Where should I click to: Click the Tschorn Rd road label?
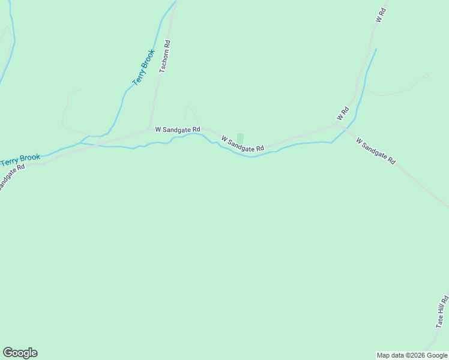(166, 61)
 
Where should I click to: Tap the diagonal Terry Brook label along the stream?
(144, 67)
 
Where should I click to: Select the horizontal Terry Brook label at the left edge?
(20, 160)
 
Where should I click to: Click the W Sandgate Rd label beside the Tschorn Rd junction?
(177, 129)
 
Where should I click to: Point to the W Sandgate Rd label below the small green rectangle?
(243, 144)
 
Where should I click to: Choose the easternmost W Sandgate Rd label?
(376, 151)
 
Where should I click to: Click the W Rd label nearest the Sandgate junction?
(343, 113)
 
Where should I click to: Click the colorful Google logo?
(20, 353)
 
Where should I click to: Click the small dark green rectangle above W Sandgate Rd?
(240, 139)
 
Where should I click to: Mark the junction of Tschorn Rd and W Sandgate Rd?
(150, 128)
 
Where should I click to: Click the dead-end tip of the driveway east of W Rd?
(427, 74)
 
